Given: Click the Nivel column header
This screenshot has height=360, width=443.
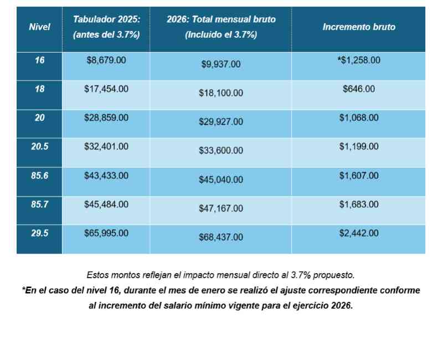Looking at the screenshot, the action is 39,27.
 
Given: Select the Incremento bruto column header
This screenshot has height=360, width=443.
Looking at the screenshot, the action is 359,27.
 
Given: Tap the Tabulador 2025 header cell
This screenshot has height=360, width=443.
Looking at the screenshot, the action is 106,27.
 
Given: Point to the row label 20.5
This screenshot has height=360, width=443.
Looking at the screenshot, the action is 39,146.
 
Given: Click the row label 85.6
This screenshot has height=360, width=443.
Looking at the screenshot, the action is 39,176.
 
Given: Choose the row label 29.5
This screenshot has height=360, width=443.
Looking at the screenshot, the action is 39,233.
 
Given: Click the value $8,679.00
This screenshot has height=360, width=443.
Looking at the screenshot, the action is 106,60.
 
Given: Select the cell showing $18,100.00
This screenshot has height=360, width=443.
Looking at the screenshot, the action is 221,93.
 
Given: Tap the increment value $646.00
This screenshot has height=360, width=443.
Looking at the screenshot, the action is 359,89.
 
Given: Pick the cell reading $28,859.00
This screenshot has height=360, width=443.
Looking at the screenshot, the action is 106,118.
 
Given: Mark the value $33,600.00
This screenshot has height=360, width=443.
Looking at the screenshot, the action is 221,150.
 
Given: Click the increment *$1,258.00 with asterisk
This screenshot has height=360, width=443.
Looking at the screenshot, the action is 359,60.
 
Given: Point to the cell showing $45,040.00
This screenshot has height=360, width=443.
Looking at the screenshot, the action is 221,179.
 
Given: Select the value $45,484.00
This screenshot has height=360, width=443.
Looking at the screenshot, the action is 106,204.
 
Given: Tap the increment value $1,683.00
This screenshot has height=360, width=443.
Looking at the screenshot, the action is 359,204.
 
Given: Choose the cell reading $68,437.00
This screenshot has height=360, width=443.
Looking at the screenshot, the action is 221,237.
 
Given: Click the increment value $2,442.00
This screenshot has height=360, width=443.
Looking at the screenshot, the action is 359,233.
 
